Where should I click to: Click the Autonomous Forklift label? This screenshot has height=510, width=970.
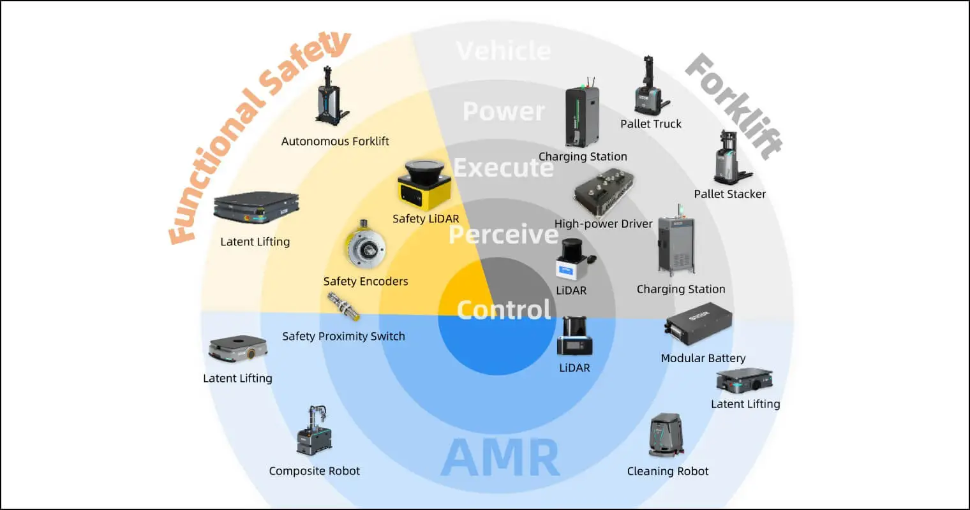(x=335, y=141)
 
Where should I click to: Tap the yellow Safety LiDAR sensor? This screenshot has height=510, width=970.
(x=425, y=186)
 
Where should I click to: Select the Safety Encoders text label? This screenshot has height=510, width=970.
(x=366, y=281)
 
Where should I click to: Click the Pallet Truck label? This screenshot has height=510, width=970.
(x=651, y=124)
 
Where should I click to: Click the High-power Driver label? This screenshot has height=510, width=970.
(x=603, y=224)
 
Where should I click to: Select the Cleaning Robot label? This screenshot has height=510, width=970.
(x=668, y=471)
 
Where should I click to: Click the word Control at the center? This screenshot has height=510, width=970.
(x=504, y=310)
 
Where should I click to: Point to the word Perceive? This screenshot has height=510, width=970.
(x=504, y=235)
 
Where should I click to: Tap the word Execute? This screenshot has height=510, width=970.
(x=504, y=168)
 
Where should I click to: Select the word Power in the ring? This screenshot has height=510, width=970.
(x=504, y=112)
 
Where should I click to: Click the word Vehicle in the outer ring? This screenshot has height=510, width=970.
(x=504, y=51)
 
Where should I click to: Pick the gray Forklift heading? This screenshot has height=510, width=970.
(x=734, y=106)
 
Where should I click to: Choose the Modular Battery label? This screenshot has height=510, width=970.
(x=703, y=358)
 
